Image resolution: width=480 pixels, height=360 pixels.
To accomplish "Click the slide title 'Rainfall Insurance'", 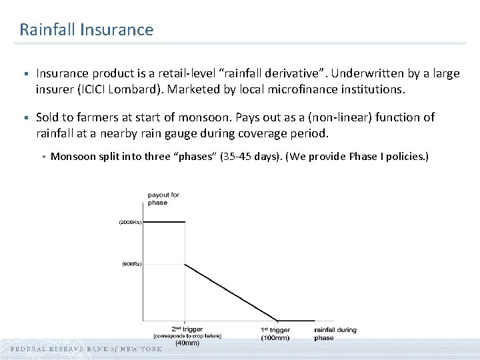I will coord(86,30).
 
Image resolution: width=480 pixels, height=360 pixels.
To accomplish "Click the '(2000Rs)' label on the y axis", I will coord(130,222).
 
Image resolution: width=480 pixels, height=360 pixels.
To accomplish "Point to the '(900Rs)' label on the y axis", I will coord(131,264).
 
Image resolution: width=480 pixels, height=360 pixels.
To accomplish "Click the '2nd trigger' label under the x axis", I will coord(187,329).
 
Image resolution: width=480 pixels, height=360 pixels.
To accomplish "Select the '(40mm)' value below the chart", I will coord(187,344).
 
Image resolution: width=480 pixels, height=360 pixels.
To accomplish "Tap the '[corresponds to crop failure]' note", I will coord(187,336).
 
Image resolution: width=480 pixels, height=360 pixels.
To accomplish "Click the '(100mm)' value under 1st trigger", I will coord(275,338).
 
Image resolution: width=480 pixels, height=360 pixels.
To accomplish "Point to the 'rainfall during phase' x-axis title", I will coord(335,333).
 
